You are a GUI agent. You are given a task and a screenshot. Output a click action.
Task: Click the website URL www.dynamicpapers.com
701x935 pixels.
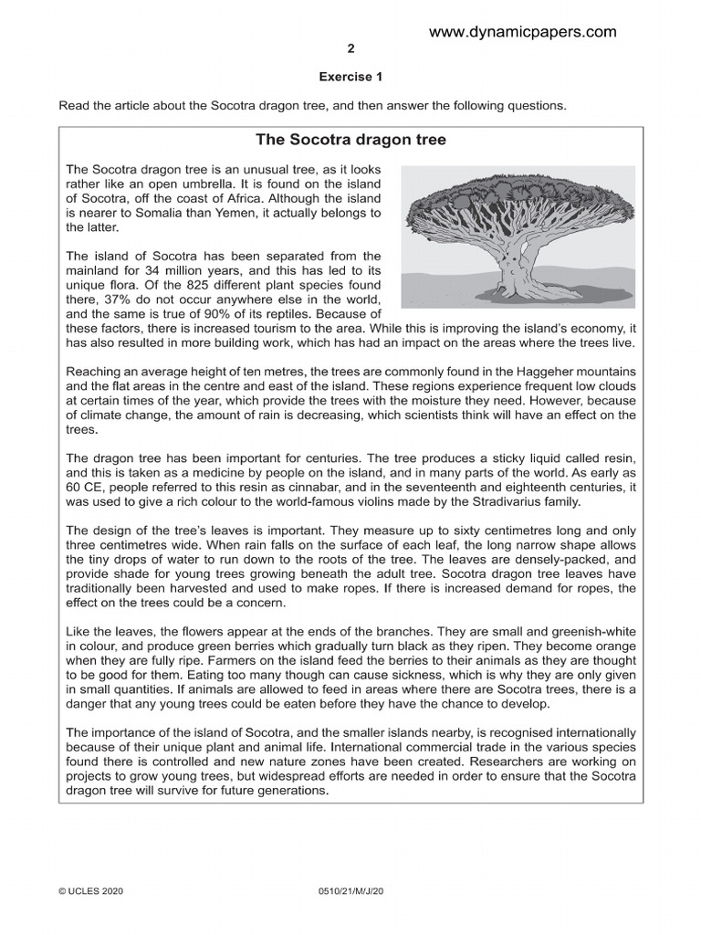pos(522,32)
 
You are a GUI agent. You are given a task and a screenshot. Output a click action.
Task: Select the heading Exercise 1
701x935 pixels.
pos(350,78)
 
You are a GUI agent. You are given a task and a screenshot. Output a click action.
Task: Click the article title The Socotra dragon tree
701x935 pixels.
pos(350,140)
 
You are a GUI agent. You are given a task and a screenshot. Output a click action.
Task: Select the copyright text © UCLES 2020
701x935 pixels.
pos(94,888)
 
